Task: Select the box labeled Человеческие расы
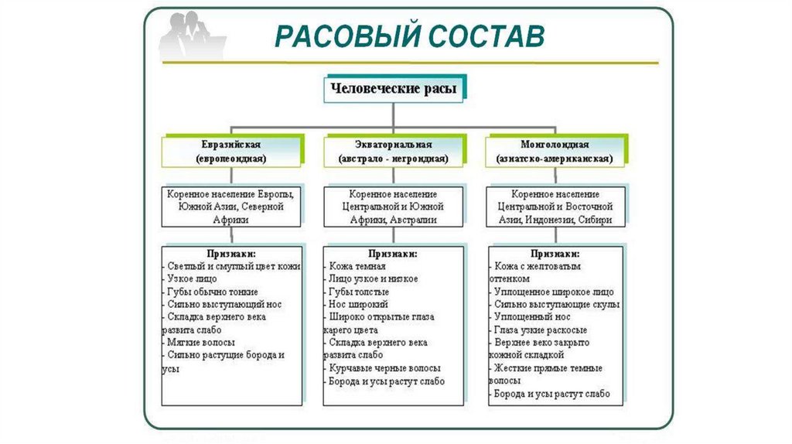click(394, 89)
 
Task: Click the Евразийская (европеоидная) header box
click(231, 152)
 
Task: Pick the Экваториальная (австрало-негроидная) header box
click(394, 152)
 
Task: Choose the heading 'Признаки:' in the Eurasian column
click(231, 253)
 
